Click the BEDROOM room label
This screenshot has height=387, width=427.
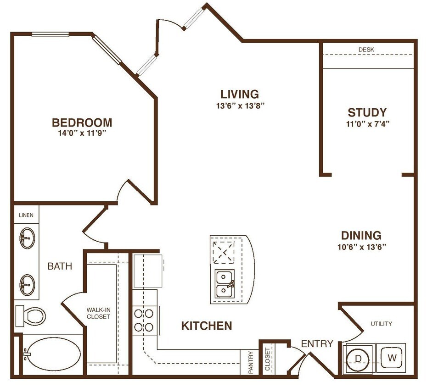82,122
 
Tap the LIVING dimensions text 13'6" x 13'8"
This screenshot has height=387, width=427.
239,105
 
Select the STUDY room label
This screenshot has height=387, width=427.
367,112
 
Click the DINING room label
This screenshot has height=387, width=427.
361,236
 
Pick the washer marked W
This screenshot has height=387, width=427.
391,357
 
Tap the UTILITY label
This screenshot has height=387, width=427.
381,324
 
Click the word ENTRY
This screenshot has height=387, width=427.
317,344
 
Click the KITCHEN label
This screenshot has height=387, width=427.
206,326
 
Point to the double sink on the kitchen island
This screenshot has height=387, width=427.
225,285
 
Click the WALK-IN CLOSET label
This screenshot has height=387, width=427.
98,313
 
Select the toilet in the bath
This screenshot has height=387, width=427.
32,315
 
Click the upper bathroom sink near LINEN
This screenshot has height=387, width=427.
27,237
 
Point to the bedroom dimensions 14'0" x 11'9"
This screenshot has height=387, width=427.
82,133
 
